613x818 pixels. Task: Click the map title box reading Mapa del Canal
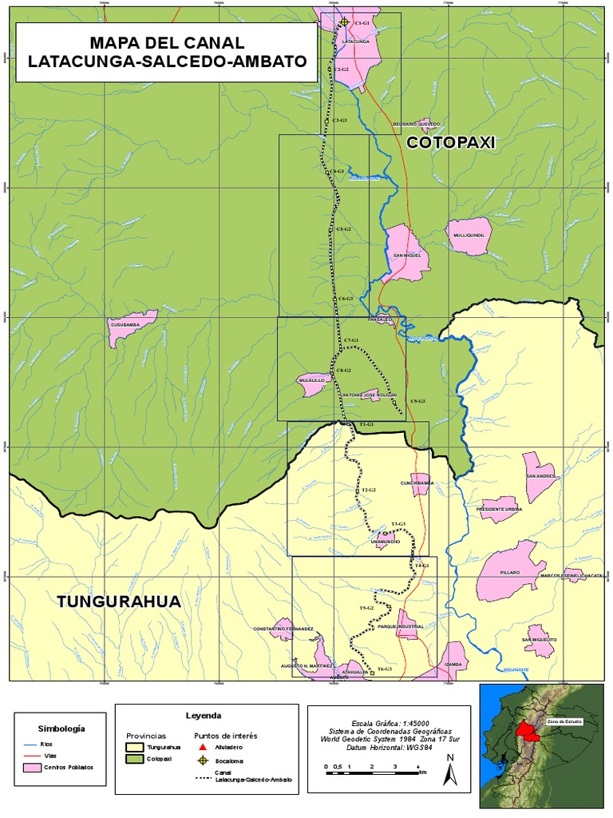click(x=166, y=52)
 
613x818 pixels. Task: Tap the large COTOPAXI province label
click(x=451, y=142)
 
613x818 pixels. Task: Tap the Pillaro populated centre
click(x=508, y=570)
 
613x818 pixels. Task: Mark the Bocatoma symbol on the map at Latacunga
click(x=344, y=22)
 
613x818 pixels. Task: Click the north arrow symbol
click(x=450, y=771)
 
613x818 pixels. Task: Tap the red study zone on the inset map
click(x=526, y=730)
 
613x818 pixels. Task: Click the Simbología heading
click(x=61, y=728)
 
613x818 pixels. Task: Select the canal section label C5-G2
click(x=343, y=229)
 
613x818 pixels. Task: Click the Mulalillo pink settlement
click(x=313, y=383)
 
